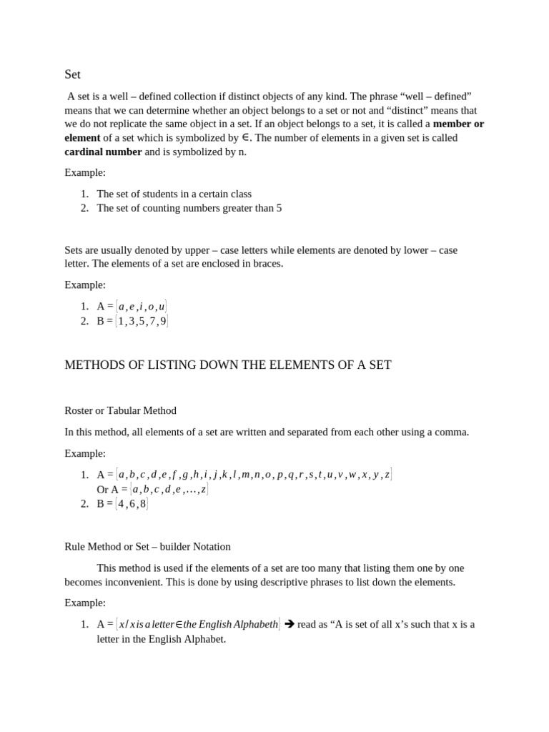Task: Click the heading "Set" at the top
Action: point(72,74)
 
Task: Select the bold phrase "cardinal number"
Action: point(103,152)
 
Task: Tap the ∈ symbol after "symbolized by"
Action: point(246,138)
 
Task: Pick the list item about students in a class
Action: point(174,194)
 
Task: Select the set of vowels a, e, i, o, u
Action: point(142,307)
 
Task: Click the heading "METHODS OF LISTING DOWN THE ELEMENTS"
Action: point(228,365)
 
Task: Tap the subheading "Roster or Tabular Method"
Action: point(120,411)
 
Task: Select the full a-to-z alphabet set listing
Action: point(254,475)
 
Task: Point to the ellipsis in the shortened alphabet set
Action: point(190,490)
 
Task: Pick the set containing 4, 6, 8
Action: point(132,504)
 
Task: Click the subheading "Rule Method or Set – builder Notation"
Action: point(147,547)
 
